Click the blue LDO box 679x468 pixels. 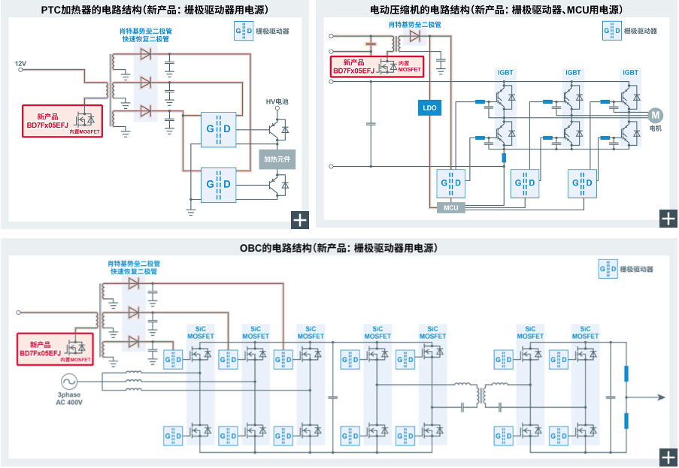click(429, 107)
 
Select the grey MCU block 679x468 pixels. click(451, 207)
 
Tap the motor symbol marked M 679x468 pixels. click(655, 115)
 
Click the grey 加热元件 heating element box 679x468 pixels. click(277, 159)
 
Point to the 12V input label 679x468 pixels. click(20, 64)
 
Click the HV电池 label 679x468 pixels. click(277, 101)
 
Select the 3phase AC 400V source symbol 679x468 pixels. click(69, 382)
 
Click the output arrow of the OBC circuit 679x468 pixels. click(646, 397)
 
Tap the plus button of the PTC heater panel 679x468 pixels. click(300, 220)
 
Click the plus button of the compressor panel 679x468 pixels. click(668, 219)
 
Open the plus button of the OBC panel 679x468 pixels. click(668, 457)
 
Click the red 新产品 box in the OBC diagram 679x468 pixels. click(55, 349)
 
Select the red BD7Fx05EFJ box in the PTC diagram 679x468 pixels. click(62, 121)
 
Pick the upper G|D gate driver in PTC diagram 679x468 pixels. click(218, 129)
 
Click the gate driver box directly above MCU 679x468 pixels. click(451, 183)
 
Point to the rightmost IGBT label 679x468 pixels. click(630, 73)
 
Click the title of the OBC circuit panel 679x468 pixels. click(338, 248)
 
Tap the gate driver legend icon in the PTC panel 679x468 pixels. click(244, 31)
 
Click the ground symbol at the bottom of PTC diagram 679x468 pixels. click(190, 212)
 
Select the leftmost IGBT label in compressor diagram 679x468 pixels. click(505, 73)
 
